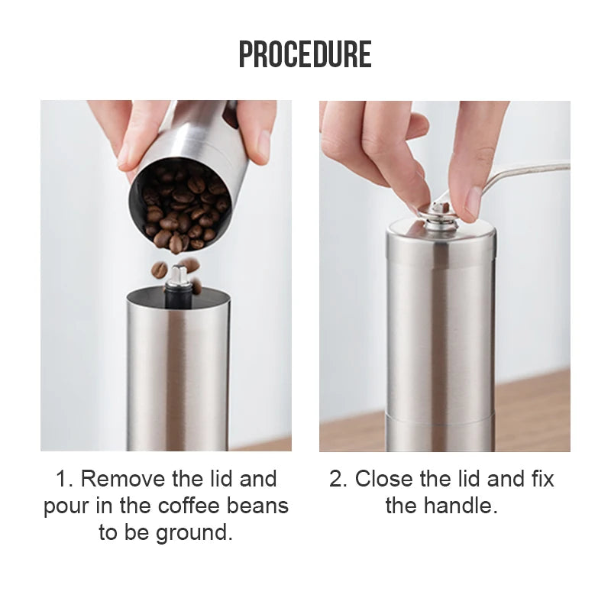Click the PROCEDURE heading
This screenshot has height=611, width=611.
(x=305, y=54)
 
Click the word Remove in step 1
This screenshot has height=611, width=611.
(x=123, y=479)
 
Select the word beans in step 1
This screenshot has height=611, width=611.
(x=257, y=506)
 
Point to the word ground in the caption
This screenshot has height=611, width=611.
(x=195, y=532)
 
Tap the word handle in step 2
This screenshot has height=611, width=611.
(x=461, y=506)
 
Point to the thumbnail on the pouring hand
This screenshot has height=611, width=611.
(x=263, y=144)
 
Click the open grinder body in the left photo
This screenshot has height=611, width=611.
(x=178, y=370)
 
